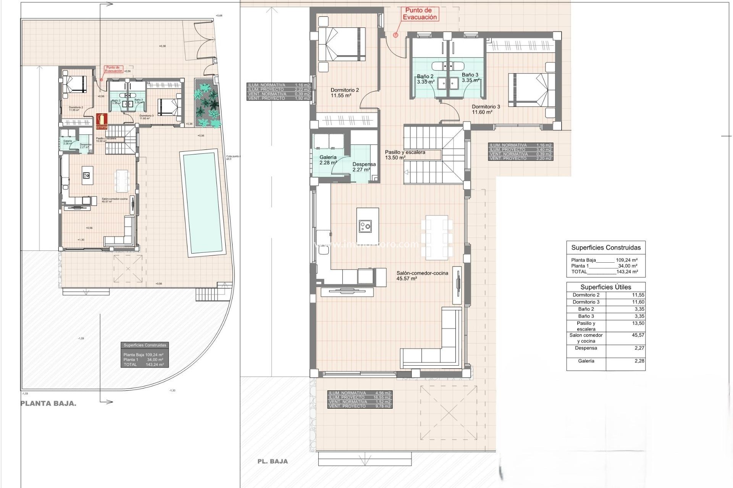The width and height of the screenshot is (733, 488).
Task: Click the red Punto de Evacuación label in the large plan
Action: pos(420,14)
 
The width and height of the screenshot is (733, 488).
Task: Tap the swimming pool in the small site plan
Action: pos(203,202)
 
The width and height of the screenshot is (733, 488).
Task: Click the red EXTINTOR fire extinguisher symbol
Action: pos(102,121)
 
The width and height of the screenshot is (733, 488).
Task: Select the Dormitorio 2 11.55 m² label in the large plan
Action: pos(344,93)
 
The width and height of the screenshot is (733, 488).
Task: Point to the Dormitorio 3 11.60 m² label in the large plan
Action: pos(485,109)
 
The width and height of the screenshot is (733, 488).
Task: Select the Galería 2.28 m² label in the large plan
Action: pos(328,160)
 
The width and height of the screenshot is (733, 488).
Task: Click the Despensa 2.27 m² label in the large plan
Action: pos(364,167)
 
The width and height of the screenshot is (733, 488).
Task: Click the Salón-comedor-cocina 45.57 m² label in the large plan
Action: pos(422,276)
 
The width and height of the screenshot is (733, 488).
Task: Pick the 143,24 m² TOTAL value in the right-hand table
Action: pos(627,272)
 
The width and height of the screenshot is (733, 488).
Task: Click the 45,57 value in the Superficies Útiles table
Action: pos(638,335)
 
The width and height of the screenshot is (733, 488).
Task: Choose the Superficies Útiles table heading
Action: pos(605,287)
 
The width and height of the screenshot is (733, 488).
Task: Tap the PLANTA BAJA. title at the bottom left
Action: pos(48,404)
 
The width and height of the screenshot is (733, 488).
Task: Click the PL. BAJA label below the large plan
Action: pos(273,461)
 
